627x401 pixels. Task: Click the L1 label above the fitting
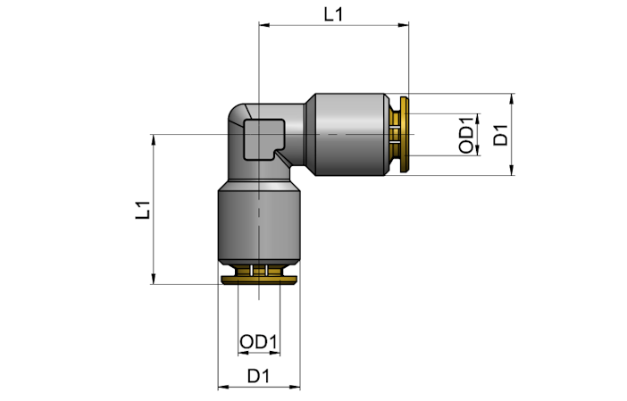[333, 15]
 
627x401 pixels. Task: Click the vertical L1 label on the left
[143, 210]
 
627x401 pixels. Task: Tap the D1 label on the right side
[500, 135]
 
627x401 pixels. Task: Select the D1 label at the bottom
[258, 376]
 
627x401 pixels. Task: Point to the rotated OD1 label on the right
[466, 134]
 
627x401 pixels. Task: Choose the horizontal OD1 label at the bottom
[258, 342]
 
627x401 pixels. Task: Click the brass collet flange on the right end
[405, 134]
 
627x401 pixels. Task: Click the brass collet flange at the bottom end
[259, 280]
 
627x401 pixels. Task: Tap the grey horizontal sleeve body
[351, 134]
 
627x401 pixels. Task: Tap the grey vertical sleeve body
[259, 226]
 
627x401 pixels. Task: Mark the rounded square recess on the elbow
[263, 140]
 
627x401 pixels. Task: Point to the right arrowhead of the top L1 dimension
[404, 25]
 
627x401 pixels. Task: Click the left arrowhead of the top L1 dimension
[264, 25]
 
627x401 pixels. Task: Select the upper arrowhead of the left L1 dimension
[154, 140]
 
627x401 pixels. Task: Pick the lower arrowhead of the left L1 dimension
[154, 279]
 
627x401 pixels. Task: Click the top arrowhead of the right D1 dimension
[512, 99]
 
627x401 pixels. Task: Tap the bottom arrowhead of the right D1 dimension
[512, 170]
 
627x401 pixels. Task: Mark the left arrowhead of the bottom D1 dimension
[223, 387]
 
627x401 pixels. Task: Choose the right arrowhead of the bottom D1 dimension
[295, 387]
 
